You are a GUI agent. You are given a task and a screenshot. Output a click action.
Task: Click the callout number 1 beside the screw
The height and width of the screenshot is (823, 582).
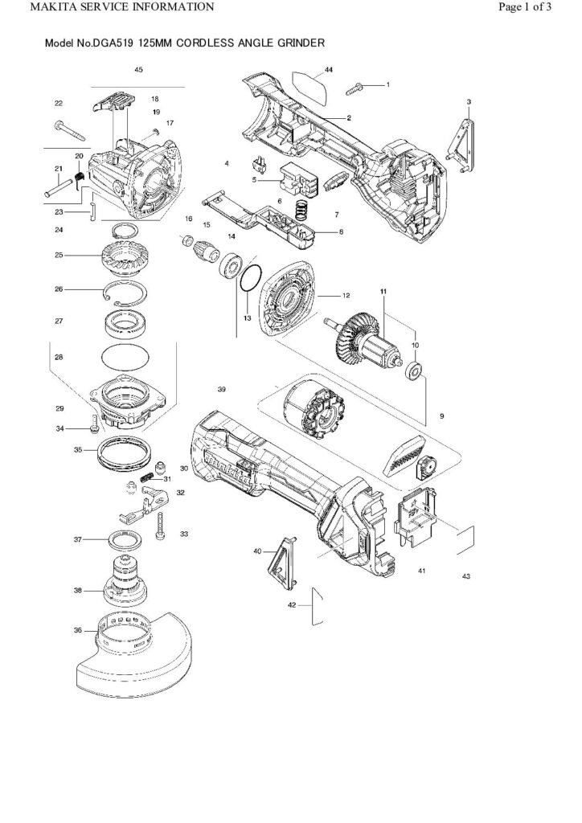point(388,84)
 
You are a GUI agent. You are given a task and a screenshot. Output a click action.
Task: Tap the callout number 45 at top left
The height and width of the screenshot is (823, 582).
point(138,71)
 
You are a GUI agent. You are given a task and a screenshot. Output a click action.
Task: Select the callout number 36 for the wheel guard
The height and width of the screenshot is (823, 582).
point(78,630)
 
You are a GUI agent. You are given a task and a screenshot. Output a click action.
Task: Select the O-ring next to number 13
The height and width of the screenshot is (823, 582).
point(249,277)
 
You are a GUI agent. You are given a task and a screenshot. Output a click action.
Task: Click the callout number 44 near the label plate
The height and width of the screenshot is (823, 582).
point(330,69)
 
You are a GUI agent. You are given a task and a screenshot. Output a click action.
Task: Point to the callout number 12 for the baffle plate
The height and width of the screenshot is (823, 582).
point(346,297)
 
